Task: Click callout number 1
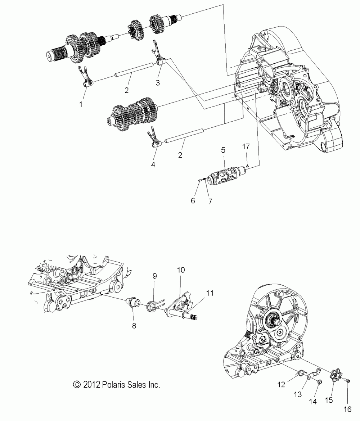click(x=81, y=104)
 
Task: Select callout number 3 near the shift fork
click(x=157, y=82)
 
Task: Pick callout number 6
click(x=193, y=200)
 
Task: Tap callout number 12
click(x=281, y=385)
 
